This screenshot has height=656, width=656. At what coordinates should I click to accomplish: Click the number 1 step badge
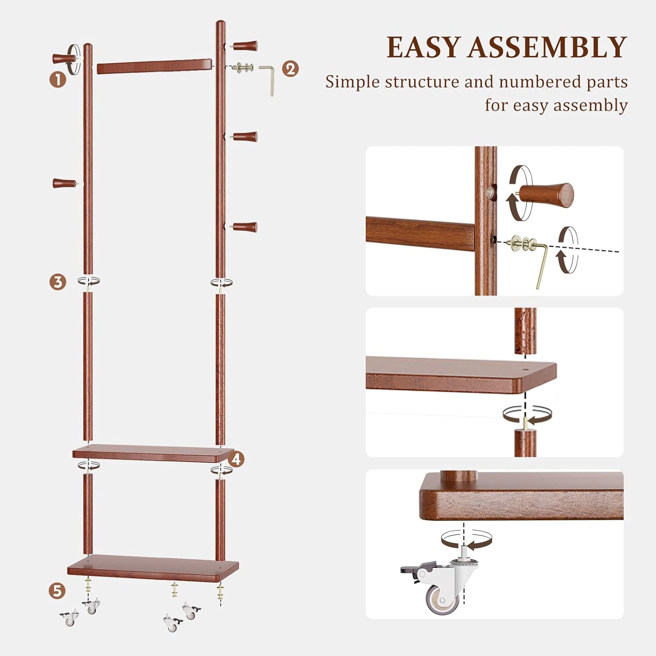point(57,80)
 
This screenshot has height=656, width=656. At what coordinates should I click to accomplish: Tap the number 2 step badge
point(290,69)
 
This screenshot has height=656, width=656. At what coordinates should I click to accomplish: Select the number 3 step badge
point(57,282)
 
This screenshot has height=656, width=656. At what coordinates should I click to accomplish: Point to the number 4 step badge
point(236,459)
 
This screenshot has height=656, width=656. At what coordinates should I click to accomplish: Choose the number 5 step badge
point(57,591)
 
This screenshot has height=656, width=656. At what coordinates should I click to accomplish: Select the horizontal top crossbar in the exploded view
point(154,66)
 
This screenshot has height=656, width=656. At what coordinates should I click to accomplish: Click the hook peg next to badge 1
point(63,58)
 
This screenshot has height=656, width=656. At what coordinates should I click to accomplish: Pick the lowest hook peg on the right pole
point(245,227)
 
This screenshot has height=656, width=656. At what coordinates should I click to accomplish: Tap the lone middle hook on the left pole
point(64,183)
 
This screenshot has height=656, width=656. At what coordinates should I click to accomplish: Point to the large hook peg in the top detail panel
point(549,196)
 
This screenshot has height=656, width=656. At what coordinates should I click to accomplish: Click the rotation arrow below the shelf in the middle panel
point(527,415)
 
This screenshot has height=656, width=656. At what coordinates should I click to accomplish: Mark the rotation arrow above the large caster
point(466,539)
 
